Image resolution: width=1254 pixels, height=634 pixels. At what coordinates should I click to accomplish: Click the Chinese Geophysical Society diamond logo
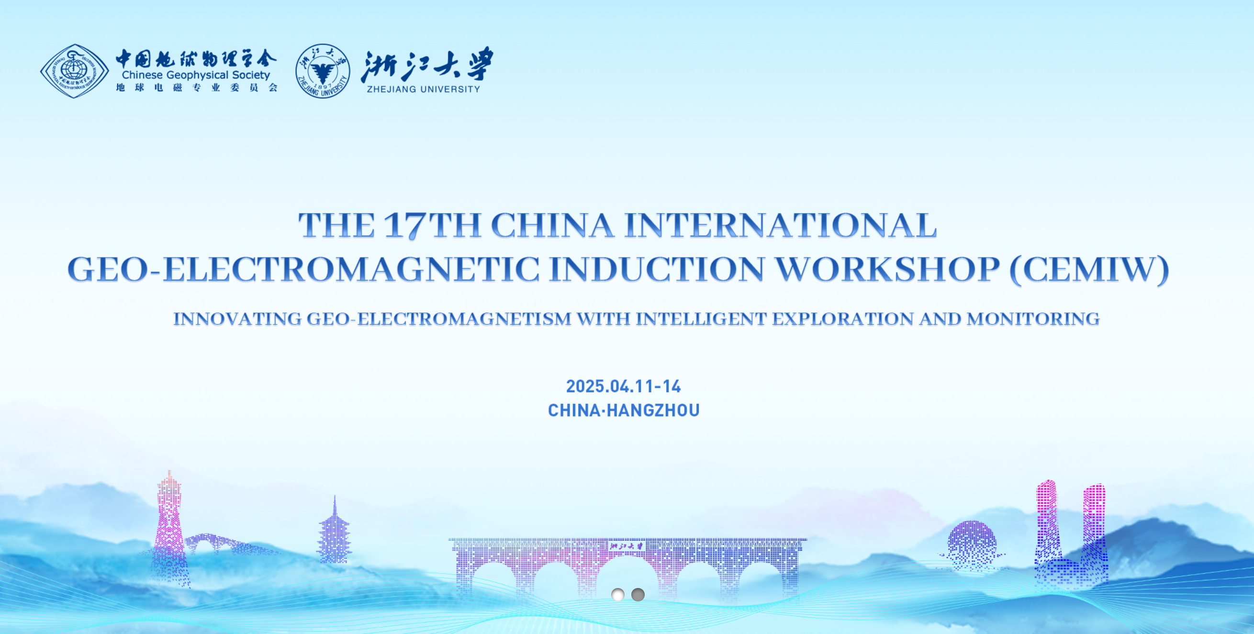75,71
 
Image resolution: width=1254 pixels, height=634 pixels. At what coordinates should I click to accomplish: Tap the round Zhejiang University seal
323,71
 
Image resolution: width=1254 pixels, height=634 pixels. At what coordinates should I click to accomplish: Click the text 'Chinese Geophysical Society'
196,75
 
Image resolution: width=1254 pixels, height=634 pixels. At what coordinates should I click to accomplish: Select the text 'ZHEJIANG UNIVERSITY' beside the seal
424,89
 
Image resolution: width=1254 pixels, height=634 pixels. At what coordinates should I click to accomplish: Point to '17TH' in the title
432,226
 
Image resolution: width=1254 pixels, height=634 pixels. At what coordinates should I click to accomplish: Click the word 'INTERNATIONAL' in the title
780,225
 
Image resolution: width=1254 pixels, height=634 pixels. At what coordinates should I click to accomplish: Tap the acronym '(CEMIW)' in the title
1089,269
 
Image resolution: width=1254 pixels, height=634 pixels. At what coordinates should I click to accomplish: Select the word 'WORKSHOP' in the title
887,269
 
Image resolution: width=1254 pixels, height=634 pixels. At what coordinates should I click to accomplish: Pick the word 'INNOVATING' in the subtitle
237,319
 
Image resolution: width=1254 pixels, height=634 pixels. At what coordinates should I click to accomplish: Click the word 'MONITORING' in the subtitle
1033,319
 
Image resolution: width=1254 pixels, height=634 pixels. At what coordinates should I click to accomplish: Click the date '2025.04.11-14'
623,386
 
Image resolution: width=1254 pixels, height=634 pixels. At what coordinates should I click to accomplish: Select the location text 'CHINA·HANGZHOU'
624,410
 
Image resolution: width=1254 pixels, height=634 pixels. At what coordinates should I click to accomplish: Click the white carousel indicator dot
618,595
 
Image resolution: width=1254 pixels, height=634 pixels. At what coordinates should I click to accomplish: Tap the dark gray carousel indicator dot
638,595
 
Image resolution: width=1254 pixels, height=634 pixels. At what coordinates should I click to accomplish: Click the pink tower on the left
169,526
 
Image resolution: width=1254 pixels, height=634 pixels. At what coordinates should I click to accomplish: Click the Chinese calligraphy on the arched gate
627,546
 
